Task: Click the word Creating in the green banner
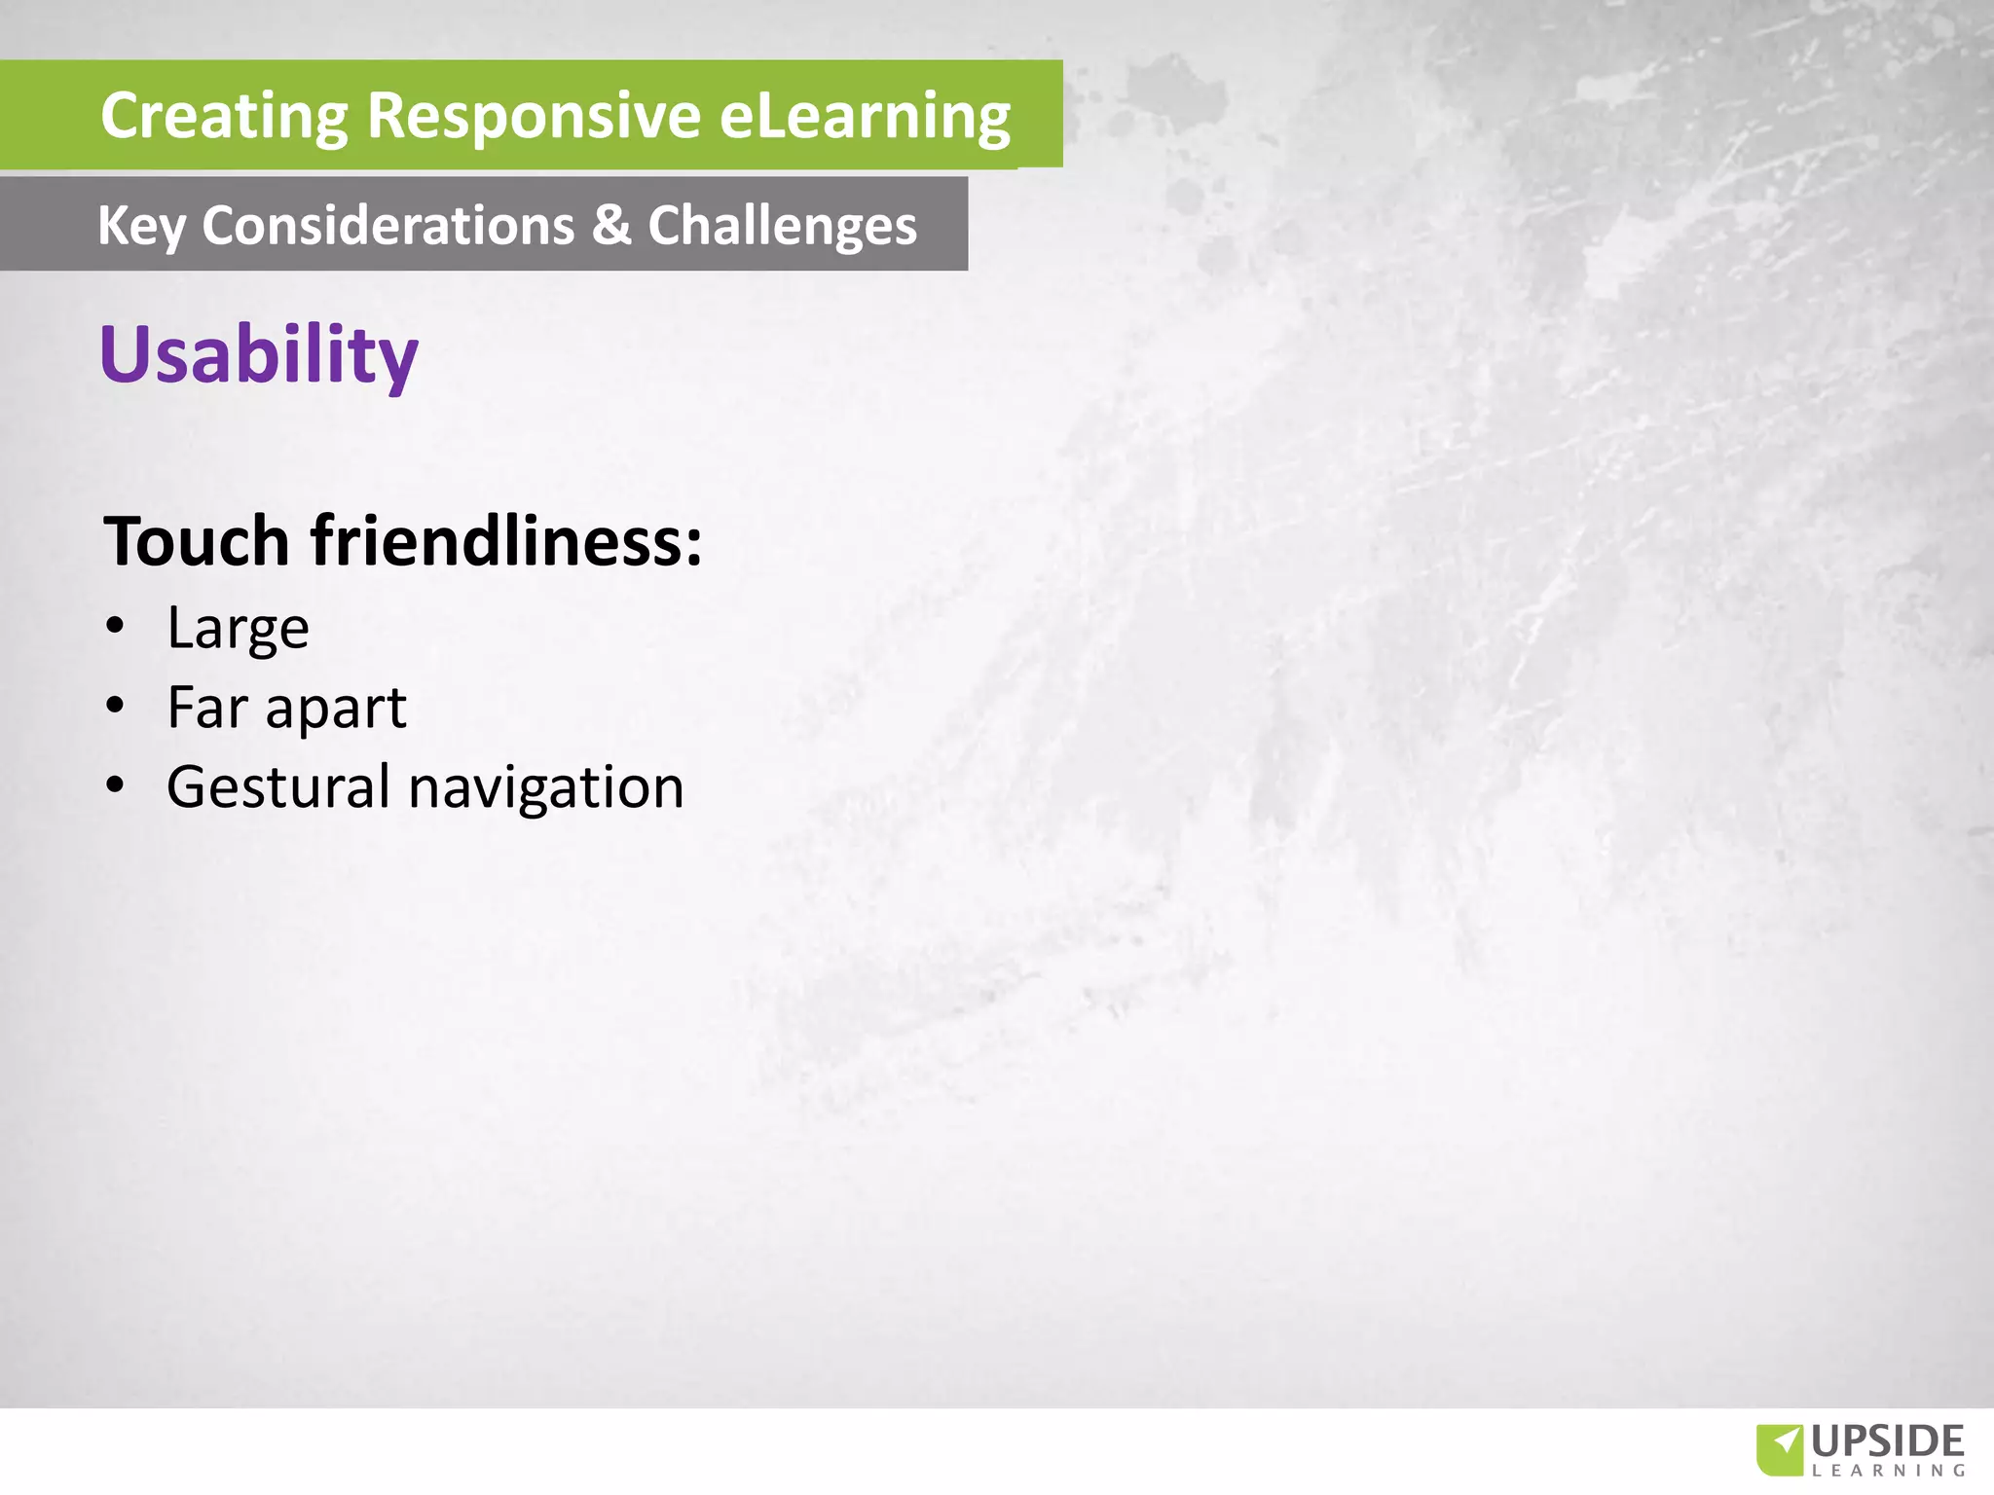(x=224, y=116)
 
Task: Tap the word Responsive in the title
(x=534, y=116)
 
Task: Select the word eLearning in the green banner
(x=865, y=116)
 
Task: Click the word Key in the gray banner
(x=140, y=227)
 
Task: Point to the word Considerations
(x=388, y=226)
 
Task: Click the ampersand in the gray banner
(x=611, y=225)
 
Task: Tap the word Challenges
(x=782, y=227)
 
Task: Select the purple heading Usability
(x=259, y=355)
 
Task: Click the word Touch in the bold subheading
(x=197, y=541)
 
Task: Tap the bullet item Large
(x=238, y=629)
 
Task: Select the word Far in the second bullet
(x=207, y=708)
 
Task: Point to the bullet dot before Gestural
(x=116, y=785)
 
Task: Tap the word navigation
(x=546, y=788)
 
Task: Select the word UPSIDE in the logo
(x=1888, y=1440)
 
